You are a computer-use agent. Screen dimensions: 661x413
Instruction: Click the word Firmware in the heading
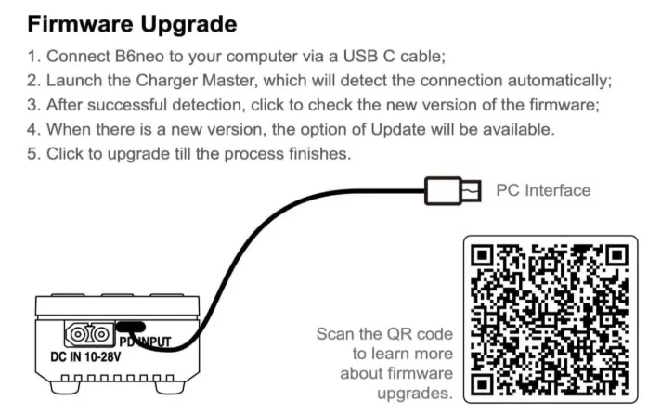click(x=81, y=24)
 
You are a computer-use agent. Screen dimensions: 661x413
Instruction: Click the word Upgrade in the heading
click(x=188, y=25)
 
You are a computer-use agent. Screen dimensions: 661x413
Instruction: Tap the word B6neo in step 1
click(x=139, y=57)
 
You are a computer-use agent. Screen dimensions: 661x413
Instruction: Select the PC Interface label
click(x=543, y=190)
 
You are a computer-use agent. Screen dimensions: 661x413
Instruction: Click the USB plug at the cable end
click(x=453, y=191)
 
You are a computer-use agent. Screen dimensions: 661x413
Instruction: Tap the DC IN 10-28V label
click(x=85, y=357)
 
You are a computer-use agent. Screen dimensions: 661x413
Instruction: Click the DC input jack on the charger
click(x=89, y=335)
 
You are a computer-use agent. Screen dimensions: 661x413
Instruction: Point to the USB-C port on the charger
click(x=131, y=327)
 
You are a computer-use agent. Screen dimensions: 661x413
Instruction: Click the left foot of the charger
click(x=66, y=386)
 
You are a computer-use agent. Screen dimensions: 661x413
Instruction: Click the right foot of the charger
click(x=170, y=386)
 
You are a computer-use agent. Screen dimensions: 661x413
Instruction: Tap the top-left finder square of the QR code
click(x=482, y=255)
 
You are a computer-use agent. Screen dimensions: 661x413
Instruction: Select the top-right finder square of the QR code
click(x=617, y=255)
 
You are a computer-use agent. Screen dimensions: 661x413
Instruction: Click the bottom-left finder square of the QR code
click(x=482, y=384)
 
